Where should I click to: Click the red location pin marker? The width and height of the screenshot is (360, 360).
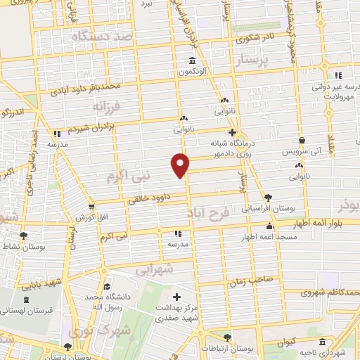[x=181, y=165]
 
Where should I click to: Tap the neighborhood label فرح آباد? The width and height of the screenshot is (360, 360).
[x=210, y=212]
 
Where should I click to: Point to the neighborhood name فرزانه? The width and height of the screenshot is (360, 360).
[x=107, y=105]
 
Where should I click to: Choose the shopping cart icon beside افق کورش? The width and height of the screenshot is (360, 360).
[x=91, y=207]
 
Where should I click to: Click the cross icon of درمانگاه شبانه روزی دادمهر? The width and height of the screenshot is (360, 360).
[x=231, y=131]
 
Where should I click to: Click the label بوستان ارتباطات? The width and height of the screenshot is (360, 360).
[x=217, y=349]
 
